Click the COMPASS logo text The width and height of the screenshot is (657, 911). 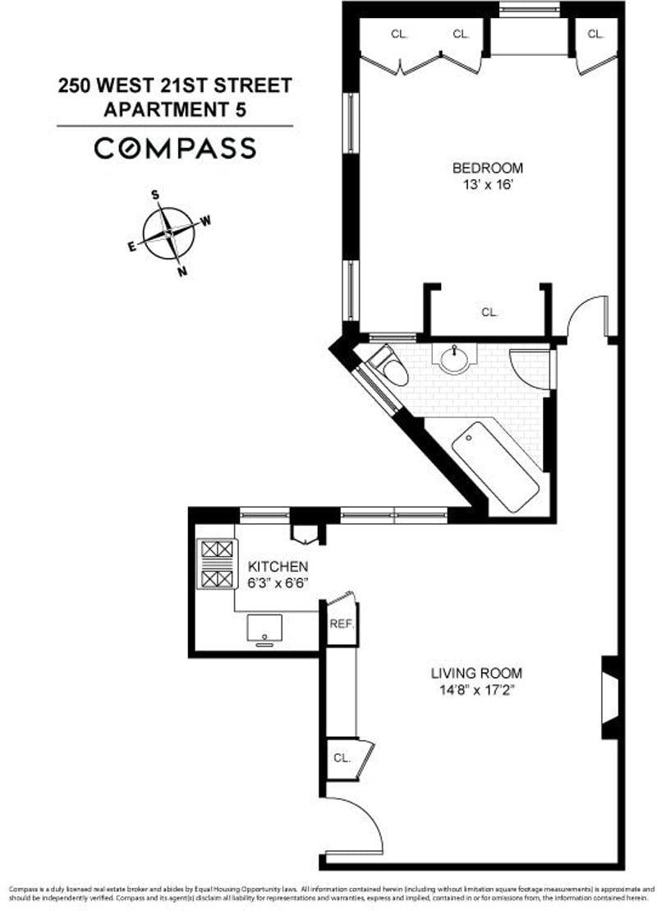pyautogui.click(x=174, y=149)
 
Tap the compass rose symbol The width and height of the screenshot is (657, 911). pyautogui.click(x=168, y=233)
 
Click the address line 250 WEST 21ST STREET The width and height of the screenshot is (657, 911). pyautogui.click(x=174, y=85)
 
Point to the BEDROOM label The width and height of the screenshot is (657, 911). pyautogui.click(x=487, y=168)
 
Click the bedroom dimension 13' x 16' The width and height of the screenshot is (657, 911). pyautogui.click(x=487, y=185)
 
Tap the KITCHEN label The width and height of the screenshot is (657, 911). pyautogui.click(x=278, y=567)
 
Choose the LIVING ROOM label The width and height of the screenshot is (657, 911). pyautogui.click(x=476, y=673)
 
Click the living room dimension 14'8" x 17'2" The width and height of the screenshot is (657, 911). pyautogui.click(x=476, y=690)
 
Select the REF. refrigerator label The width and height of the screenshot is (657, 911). pyautogui.click(x=341, y=624)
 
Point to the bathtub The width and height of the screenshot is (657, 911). pyautogui.click(x=495, y=466)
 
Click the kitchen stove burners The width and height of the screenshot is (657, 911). pyautogui.click(x=216, y=565)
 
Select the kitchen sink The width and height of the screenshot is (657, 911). pyautogui.click(x=264, y=628)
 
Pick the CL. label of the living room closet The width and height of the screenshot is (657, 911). pyautogui.click(x=341, y=758)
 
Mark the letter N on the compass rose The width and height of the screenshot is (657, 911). pyautogui.click(x=182, y=272)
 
